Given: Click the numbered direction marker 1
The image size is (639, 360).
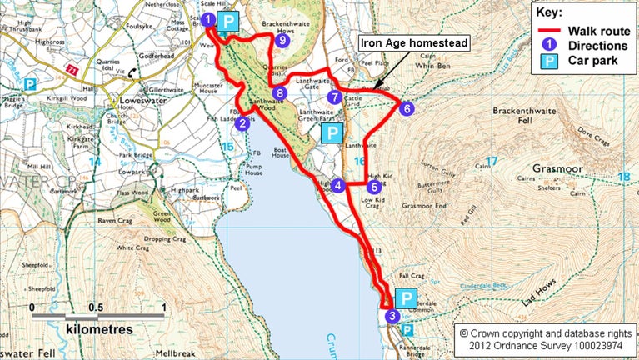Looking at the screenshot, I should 207,19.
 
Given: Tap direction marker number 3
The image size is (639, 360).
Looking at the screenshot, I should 392,316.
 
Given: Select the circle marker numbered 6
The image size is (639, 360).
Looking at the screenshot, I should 406,107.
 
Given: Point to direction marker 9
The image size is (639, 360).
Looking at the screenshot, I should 283,39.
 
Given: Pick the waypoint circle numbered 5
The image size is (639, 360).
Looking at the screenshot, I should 372,163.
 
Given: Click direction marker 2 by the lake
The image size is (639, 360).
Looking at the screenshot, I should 242,124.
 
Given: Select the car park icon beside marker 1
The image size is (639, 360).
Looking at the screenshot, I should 228,22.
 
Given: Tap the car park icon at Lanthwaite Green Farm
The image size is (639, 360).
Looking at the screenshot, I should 332,133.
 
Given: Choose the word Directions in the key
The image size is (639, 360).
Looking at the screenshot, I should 597,46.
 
